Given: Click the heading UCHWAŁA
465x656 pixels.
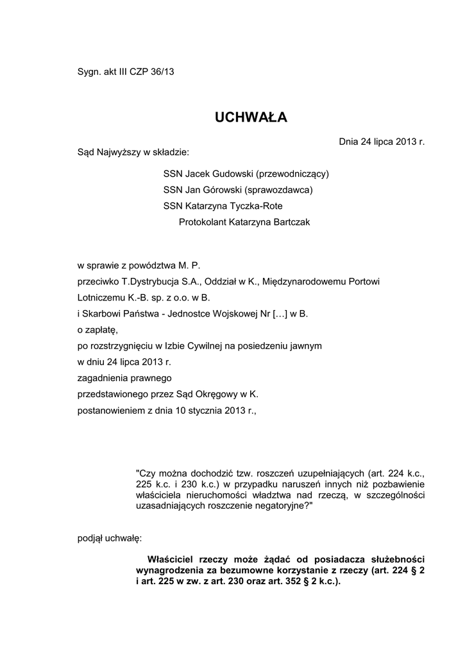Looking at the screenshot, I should click(x=251, y=117).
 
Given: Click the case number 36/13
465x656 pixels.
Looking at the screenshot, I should click(x=162, y=72).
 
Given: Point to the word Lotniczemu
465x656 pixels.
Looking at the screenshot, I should click(x=100, y=297).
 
